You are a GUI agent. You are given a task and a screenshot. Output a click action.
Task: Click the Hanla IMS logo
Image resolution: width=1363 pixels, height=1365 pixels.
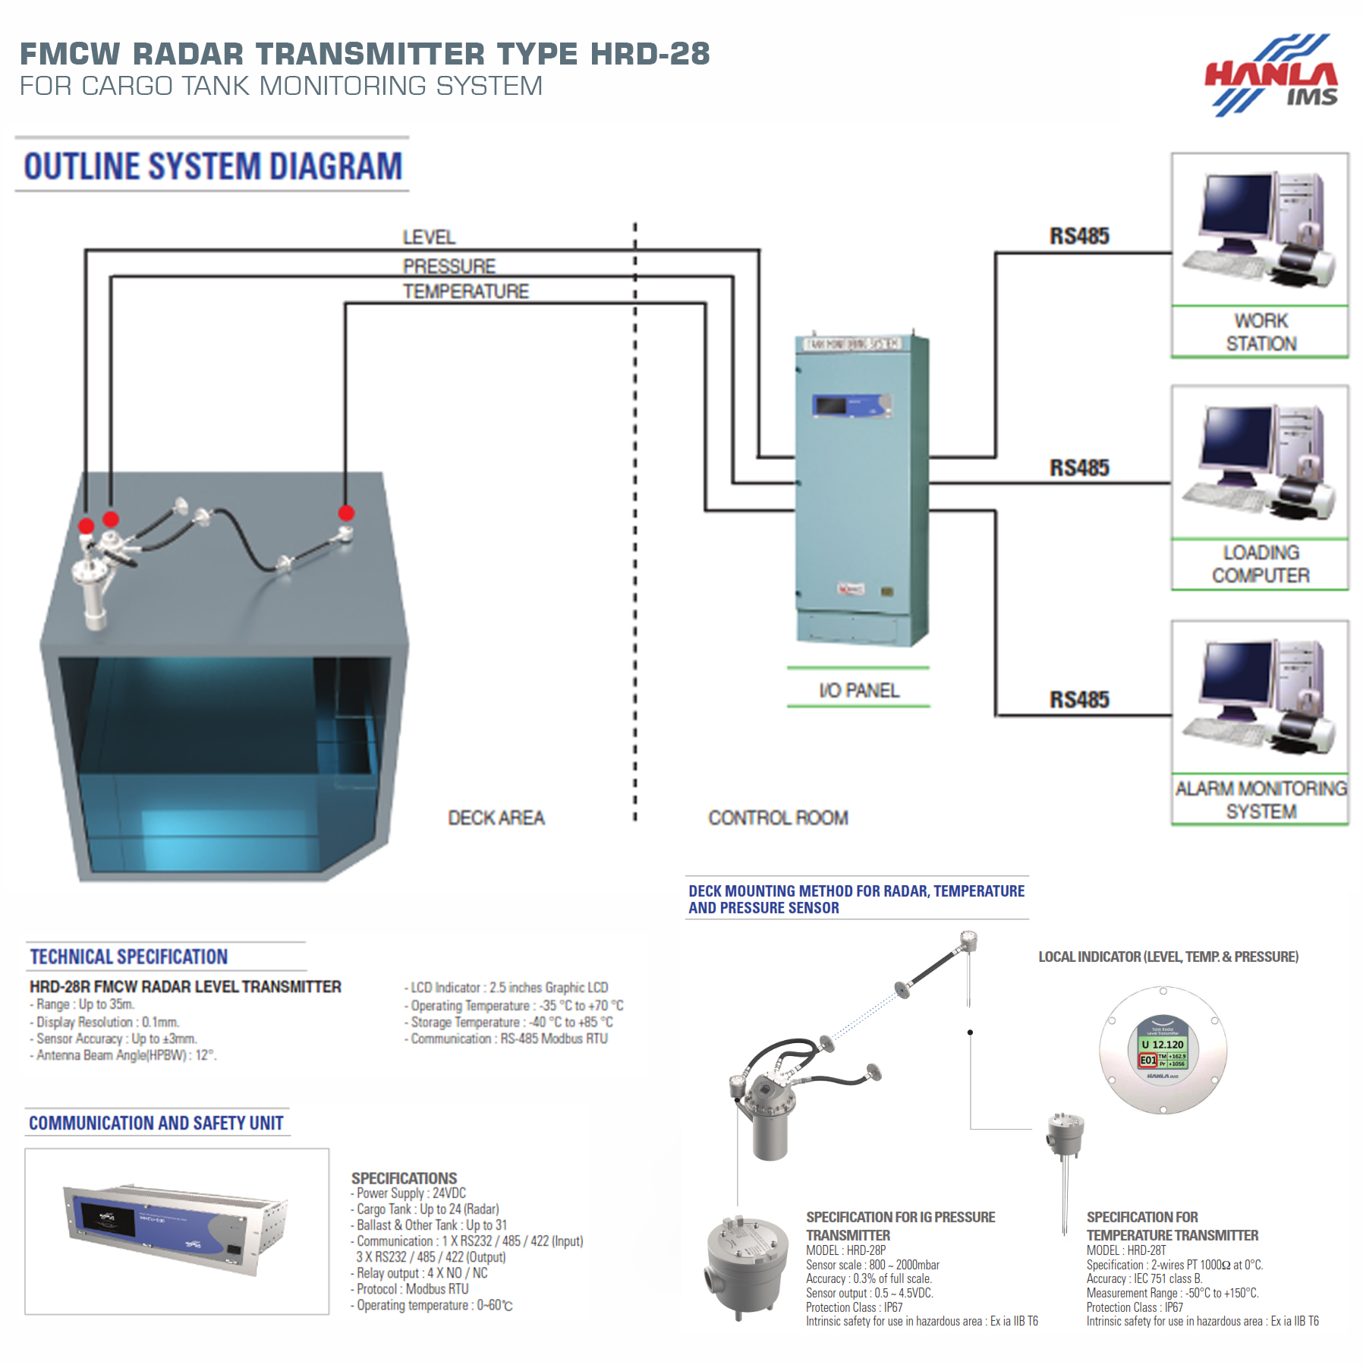1272,76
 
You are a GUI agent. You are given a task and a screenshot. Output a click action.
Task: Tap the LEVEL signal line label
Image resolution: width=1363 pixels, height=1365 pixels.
429,238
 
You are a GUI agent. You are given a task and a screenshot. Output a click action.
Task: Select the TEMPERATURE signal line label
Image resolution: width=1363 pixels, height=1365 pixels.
465,292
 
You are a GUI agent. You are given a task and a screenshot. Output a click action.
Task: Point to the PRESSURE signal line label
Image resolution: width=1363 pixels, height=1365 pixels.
449,266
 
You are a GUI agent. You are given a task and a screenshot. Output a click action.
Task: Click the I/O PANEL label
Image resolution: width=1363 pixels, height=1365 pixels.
858,691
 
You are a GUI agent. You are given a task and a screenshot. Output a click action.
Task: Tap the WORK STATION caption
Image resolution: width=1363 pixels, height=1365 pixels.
1261,332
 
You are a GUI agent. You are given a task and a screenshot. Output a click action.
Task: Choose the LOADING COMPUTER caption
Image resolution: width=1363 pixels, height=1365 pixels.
1261,564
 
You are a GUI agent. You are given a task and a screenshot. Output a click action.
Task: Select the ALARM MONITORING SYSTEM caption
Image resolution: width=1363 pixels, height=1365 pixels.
1261,799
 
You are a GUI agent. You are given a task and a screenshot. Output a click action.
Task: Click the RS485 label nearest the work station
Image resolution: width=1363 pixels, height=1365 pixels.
1078,236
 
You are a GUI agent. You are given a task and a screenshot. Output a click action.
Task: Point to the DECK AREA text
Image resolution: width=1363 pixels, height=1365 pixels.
496,818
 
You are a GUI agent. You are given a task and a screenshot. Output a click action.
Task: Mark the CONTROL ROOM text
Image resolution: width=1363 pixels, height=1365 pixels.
778,818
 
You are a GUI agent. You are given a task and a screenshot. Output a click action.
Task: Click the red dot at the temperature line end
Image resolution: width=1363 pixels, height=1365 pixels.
346,512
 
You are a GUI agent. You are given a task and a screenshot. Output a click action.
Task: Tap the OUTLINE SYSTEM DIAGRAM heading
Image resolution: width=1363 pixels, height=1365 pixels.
212,166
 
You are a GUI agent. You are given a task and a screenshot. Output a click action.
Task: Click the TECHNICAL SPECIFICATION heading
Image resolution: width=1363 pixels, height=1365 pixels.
128,957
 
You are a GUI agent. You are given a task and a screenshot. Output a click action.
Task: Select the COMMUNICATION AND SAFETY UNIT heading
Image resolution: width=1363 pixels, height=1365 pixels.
156,1123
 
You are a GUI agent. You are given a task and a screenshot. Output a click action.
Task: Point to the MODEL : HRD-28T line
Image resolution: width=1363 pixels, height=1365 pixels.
1125,1250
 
